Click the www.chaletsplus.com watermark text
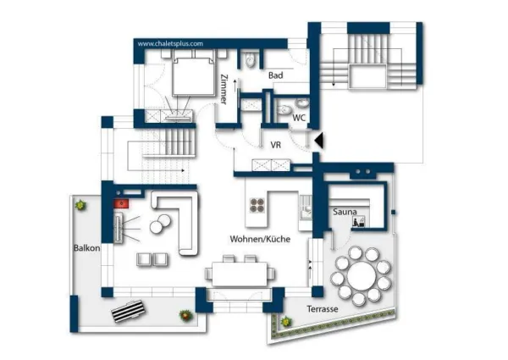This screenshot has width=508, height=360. [x=170, y=44]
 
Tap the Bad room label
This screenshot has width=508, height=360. [x=276, y=75]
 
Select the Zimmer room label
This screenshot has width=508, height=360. [x=224, y=90]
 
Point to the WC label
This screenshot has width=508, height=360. [x=299, y=118]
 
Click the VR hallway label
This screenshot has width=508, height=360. [x=276, y=145]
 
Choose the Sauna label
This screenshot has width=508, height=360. [x=345, y=212]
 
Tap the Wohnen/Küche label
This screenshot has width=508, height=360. [x=260, y=239]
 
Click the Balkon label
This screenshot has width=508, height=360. [x=87, y=248]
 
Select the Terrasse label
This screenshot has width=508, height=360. [x=323, y=309]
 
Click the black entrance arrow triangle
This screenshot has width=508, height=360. [x=319, y=141]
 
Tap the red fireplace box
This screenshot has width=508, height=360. [x=121, y=203]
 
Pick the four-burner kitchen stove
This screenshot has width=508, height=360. [x=257, y=206]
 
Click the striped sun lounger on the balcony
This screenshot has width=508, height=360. [x=128, y=311]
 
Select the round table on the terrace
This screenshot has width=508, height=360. [x=362, y=276]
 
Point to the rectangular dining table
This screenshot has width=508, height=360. [x=240, y=274]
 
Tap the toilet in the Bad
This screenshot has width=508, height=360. [x=251, y=59]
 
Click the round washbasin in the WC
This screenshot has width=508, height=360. [x=301, y=103]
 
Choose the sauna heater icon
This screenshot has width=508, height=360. [x=359, y=221]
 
